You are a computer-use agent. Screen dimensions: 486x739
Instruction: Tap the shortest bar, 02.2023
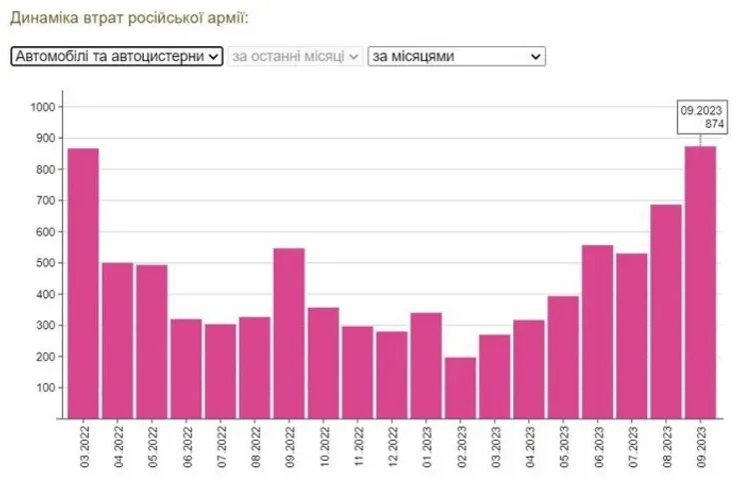click(460, 388)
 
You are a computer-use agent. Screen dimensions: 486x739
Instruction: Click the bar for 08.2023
click(666, 311)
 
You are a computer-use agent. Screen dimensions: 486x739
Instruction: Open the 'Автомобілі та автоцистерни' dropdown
click(117, 57)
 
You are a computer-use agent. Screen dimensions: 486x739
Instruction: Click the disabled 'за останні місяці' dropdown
click(295, 57)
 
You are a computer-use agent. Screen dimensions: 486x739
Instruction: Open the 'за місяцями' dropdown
click(456, 57)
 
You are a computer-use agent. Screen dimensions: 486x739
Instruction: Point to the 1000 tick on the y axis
click(46, 107)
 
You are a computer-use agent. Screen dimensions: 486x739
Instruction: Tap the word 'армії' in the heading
click(225, 18)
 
